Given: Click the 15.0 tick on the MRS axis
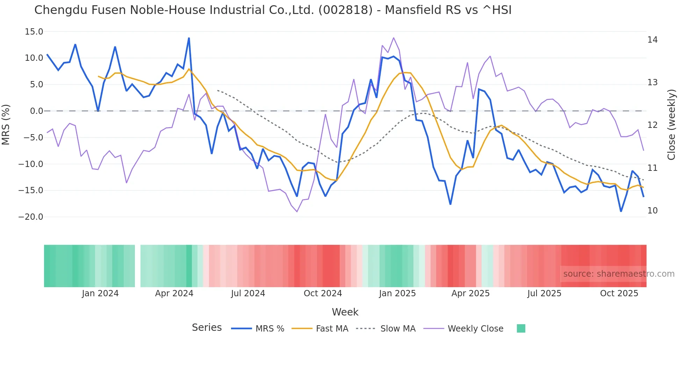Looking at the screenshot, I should pos(34,32).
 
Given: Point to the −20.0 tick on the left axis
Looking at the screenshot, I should pos(31,217).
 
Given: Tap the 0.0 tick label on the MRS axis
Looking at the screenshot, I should pos(37,111).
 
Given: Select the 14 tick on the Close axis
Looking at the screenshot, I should pos(652,40).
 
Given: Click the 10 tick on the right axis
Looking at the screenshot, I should pos(652,211).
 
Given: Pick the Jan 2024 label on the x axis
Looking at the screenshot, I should pos(100,293).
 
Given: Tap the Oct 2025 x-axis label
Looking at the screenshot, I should pos(619,293).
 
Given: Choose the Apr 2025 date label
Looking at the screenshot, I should pos(470,293).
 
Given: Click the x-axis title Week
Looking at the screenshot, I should pos(345,312).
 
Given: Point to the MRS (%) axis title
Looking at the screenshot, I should pos(6,124).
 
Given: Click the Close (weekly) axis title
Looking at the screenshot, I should pos(671,124).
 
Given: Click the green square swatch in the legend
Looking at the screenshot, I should pos(521,328).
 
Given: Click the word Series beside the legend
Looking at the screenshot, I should pos(207,328).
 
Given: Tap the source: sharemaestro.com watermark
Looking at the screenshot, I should pos(619,274).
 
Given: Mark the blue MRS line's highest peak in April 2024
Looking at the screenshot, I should pos(189,38).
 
